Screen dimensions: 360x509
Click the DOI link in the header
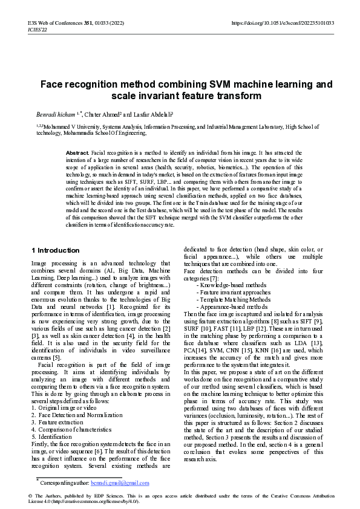(x=283, y=22)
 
